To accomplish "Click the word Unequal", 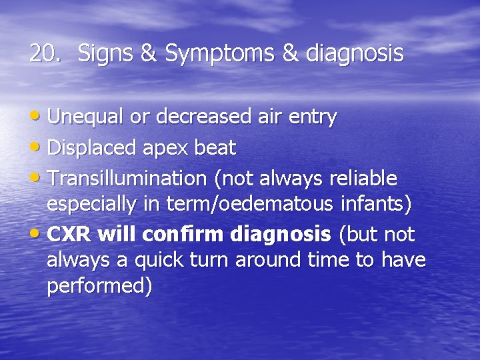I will point(86,117).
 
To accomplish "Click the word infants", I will point(373,204).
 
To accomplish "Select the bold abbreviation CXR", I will point(69,235).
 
